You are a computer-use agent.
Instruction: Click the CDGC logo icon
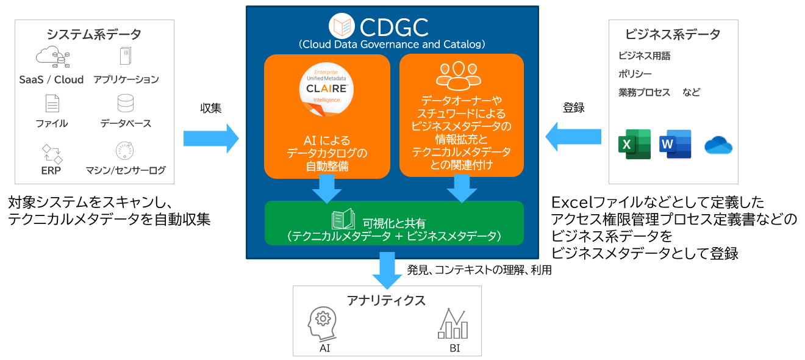pyautogui.click(x=342, y=26)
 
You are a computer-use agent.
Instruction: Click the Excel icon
pyautogui.click(x=634, y=145)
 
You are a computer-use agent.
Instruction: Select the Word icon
pyautogui.click(x=675, y=145)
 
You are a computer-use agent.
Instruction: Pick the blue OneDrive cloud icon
pyautogui.click(x=718, y=146)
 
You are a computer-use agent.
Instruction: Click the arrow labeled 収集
pyautogui.click(x=211, y=138)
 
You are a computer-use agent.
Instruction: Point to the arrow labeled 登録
pyautogui.click(x=573, y=136)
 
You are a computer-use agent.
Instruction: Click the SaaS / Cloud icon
pyautogui.click(x=51, y=57)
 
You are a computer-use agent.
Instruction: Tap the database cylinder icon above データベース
pyautogui.click(x=126, y=103)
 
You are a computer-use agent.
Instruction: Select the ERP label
pyautogui.click(x=51, y=170)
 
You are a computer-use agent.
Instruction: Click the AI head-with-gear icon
pyautogui.click(x=322, y=323)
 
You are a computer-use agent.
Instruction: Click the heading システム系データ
pyautogui.click(x=94, y=34)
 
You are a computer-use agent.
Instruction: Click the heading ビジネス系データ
pyautogui.click(x=673, y=34)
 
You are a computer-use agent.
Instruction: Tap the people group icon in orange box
pyautogui.click(x=459, y=74)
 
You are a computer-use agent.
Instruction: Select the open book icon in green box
pyautogui.click(x=344, y=220)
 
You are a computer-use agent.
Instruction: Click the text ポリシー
pyautogui.click(x=635, y=74)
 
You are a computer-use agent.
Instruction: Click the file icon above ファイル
pyautogui.click(x=52, y=103)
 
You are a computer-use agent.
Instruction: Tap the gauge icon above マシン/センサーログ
pyautogui.click(x=125, y=150)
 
